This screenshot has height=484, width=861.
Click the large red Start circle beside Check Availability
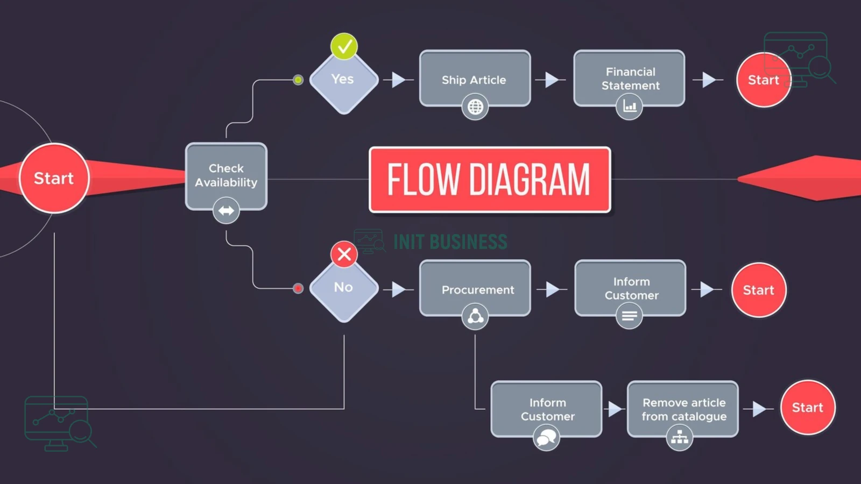54,178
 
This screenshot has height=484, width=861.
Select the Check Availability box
226,176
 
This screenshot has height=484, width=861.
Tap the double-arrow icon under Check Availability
226,210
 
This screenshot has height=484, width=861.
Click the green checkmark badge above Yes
344,46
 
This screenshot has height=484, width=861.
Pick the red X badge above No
344,254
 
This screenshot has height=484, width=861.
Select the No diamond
344,289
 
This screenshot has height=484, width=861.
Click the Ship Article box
475,79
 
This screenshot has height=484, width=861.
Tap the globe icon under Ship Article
475,107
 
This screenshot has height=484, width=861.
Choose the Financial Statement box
629,79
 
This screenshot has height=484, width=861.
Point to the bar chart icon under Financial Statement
629,106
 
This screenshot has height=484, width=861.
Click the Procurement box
475,288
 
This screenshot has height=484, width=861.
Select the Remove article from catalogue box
683,409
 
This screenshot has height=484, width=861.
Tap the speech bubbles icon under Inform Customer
546,438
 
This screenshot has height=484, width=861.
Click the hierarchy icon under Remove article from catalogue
680,438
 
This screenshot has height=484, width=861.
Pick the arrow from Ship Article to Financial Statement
551,80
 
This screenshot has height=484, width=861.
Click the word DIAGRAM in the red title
530,180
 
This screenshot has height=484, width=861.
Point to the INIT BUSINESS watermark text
450,242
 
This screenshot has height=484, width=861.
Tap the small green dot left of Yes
298,80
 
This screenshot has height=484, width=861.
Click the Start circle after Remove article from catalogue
808,408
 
